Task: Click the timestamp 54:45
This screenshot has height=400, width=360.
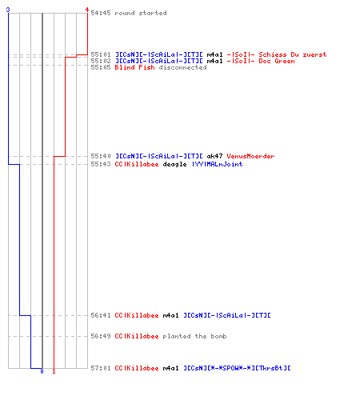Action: tap(101, 13)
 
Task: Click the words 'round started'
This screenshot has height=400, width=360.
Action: tap(141, 13)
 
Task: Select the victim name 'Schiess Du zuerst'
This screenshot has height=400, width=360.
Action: tap(293, 54)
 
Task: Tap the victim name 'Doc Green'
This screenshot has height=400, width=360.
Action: tap(277, 61)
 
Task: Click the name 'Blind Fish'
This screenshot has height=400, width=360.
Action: tap(134, 67)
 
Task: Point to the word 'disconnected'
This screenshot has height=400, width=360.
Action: tap(182, 67)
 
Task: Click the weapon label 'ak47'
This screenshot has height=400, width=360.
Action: tap(214, 156)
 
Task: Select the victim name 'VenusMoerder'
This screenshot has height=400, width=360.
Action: tap(250, 156)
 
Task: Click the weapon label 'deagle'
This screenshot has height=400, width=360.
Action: tap(174, 164)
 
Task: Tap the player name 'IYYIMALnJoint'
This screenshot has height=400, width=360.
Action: tap(218, 164)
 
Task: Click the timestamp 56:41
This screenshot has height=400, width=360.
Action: tap(101, 315)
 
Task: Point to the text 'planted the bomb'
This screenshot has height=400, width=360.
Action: tap(194, 336)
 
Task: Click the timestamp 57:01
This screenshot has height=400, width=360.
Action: tap(101, 368)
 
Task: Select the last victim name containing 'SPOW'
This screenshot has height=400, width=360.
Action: tap(237, 368)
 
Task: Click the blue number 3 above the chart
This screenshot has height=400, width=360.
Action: tap(8, 10)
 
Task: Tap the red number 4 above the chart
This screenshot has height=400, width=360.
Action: tap(87, 10)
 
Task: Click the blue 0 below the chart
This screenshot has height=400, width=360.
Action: tap(42, 371)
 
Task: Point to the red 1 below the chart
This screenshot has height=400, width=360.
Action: tap(54, 371)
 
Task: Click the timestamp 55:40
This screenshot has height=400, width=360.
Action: tap(101, 156)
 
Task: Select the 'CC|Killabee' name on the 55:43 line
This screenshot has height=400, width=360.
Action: tap(137, 164)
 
